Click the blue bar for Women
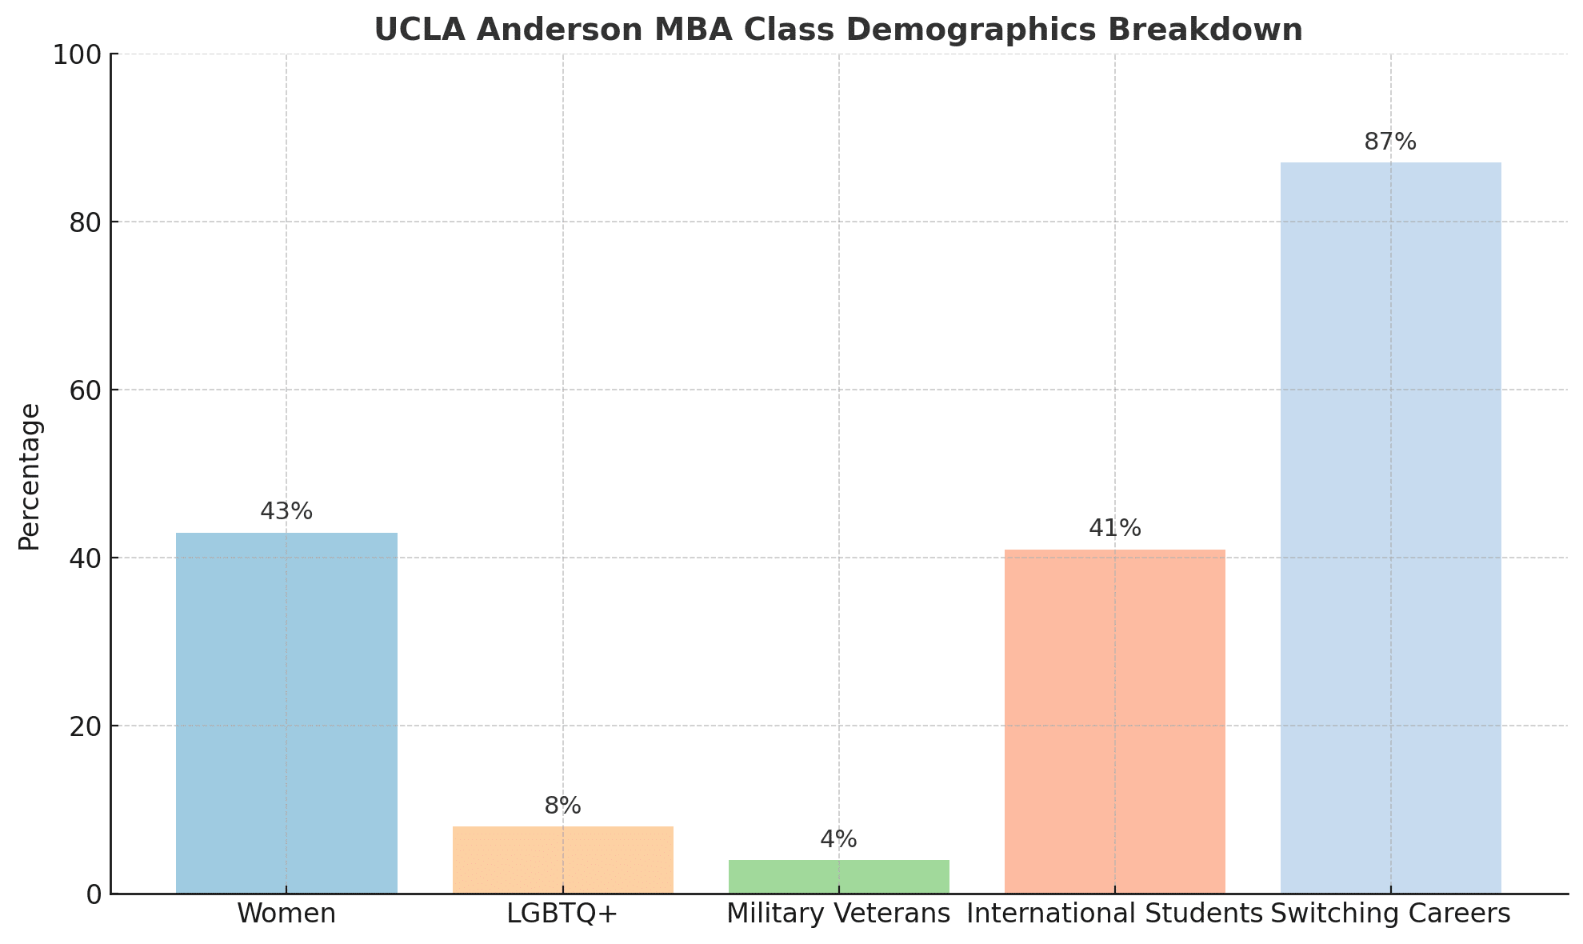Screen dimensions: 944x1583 tap(286, 713)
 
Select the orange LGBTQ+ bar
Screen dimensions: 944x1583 tap(562, 860)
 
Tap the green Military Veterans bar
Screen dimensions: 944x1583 tap(838, 877)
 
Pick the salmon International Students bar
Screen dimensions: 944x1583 tap(1114, 721)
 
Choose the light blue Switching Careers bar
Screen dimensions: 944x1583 tap(1390, 528)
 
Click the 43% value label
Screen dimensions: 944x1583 tap(286, 512)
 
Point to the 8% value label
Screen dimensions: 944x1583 tap(562, 806)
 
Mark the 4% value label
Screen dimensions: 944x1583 tap(838, 840)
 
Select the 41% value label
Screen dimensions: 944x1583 tap(1114, 529)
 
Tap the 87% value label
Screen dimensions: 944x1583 tap(1390, 142)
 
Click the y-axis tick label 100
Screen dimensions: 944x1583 tap(77, 54)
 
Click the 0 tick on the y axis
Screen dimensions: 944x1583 tap(94, 894)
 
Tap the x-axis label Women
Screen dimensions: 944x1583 tap(286, 914)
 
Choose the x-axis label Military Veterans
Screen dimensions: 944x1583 tap(838, 914)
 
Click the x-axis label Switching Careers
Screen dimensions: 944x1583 tap(1390, 914)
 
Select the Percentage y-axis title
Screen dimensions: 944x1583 tap(30, 477)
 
